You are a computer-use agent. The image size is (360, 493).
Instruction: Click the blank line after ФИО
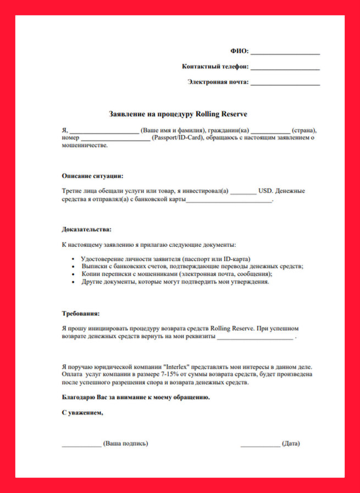285,53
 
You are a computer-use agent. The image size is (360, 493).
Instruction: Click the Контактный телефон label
215,67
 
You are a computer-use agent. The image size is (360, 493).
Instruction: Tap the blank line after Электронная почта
285,84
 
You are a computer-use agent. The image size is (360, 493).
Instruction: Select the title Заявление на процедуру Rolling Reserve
179,114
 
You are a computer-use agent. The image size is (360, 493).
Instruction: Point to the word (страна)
304,130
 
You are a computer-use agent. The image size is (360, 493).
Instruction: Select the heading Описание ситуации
92,176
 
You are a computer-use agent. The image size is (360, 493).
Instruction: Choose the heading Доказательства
86,229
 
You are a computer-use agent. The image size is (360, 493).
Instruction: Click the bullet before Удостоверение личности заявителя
74,258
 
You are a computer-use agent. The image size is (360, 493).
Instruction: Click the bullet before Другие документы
74,281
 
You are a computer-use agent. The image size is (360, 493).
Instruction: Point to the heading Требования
81,314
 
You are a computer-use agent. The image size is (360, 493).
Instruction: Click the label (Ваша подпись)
126,444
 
